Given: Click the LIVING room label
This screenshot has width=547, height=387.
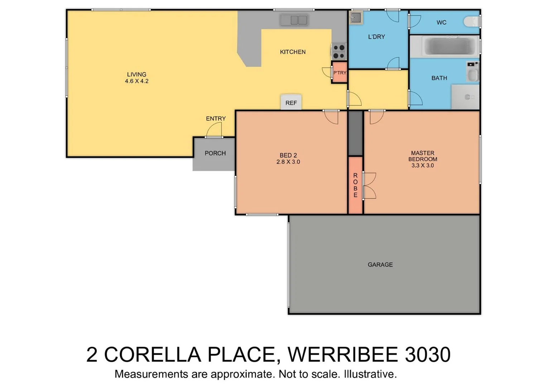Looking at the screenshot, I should pos(136,75).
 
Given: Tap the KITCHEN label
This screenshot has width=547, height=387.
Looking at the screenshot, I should pos(293,52).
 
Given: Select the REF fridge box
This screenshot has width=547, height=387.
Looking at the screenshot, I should pos(291,102).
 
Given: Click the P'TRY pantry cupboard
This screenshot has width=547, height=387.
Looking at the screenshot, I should pos(339,73).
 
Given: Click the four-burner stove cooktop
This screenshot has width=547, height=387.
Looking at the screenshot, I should pos(339,52).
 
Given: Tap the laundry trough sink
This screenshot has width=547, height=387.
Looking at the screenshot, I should pos(356,17).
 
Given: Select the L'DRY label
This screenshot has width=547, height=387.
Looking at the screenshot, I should pos(376,37).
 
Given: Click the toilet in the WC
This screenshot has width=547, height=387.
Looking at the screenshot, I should pos(472,22).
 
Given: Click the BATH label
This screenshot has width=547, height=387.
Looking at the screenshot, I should pos(439,78).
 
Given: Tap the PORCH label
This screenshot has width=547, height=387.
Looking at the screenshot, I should pos(215,153).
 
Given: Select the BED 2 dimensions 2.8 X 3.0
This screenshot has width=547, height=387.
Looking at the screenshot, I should pos(288,162).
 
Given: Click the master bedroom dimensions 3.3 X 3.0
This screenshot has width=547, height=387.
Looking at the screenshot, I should pos(422,166).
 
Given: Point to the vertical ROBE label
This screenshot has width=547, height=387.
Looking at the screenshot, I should pos(355,185).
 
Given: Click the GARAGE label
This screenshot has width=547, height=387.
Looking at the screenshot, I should pos(380,264).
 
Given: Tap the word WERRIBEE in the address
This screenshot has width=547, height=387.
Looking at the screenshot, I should pos(343,354).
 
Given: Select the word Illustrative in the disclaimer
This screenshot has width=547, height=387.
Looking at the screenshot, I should pos(370,374).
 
